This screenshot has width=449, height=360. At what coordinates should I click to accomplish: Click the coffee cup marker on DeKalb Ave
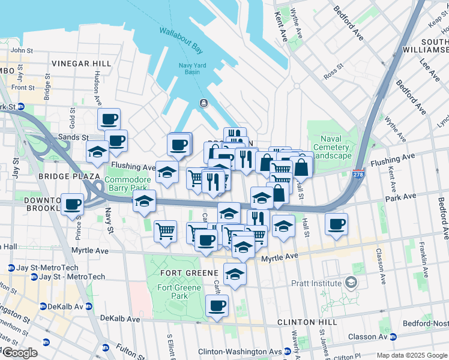217,306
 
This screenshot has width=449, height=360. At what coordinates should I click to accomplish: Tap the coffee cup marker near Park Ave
336,224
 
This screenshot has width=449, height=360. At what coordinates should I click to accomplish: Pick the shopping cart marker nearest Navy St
165,231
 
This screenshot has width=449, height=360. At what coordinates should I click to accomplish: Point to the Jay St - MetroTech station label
71,277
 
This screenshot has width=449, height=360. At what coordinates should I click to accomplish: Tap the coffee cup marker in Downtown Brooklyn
73,204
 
